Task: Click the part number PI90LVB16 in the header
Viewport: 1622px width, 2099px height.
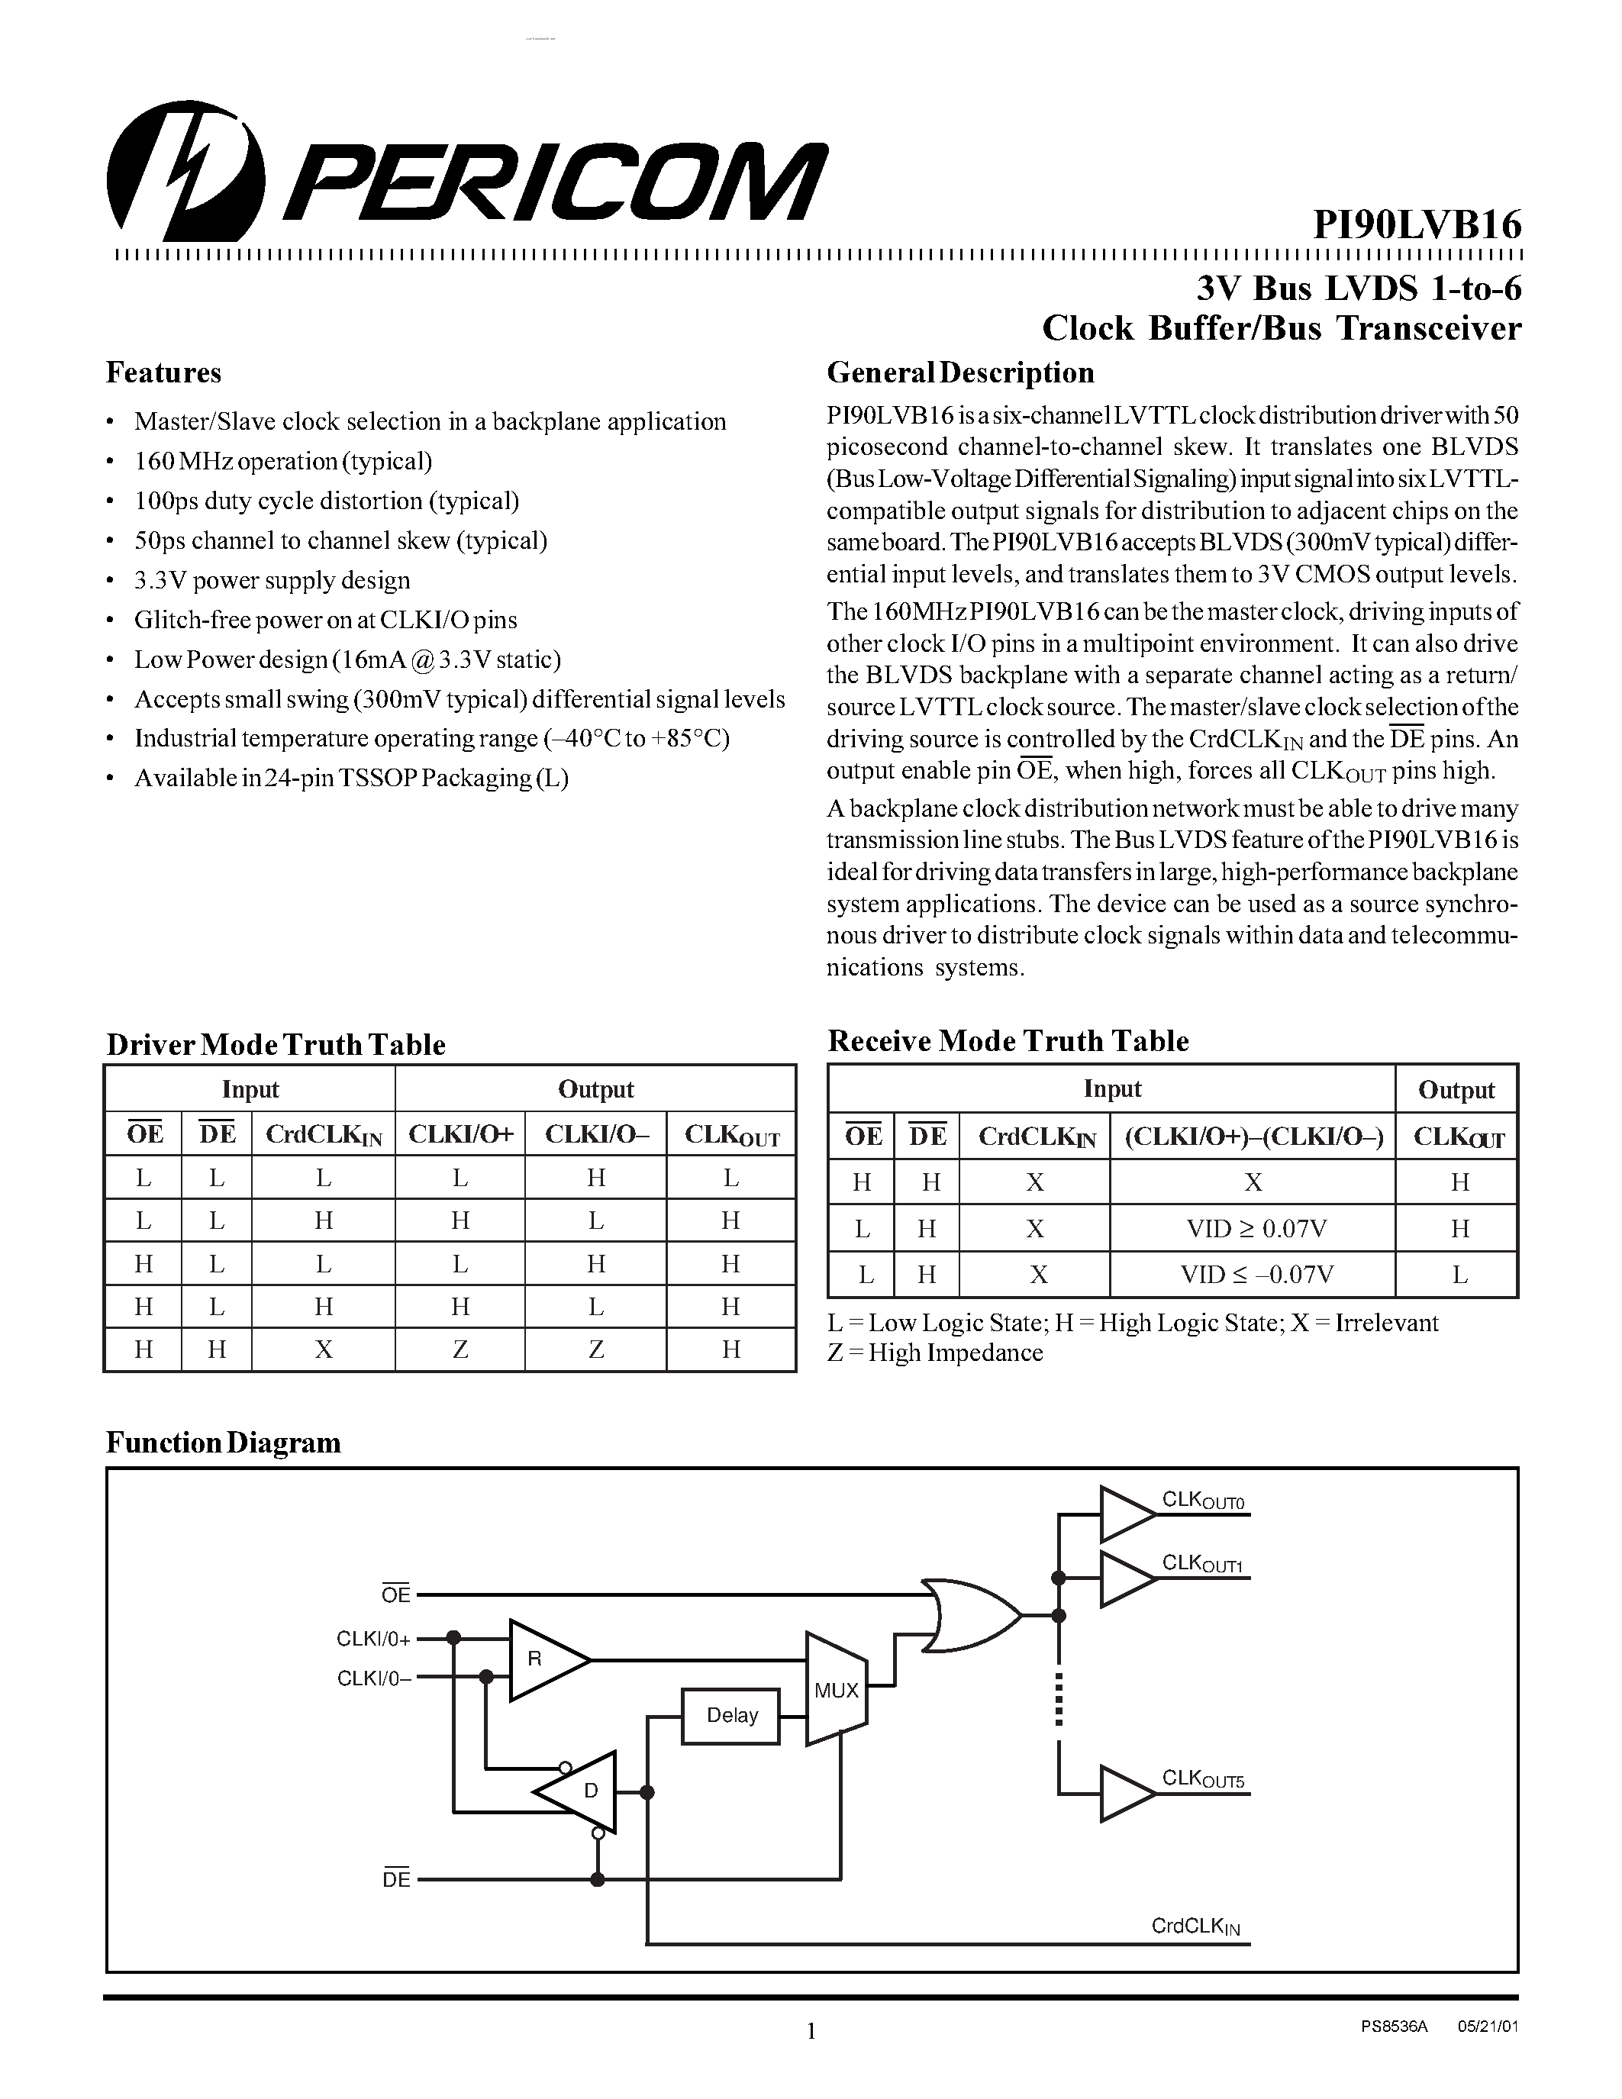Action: click(1417, 226)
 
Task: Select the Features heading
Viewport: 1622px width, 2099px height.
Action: click(163, 373)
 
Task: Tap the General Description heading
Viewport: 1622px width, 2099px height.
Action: click(960, 373)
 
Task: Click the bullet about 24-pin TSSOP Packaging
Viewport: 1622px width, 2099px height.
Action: click(350, 778)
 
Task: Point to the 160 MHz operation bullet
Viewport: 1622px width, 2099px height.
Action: click(282, 461)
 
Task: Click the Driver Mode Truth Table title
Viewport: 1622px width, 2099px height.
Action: click(276, 1045)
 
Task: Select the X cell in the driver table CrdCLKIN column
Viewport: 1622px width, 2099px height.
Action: click(324, 1350)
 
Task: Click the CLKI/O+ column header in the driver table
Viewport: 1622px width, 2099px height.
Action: click(460, 1135)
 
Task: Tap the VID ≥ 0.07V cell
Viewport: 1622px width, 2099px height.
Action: click(1253, 1228)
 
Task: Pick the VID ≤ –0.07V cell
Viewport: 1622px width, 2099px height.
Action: click(1253, 1275)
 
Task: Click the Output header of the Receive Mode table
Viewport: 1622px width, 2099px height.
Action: click(1456, 1090)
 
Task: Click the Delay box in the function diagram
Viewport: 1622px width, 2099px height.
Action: click(732, 1716)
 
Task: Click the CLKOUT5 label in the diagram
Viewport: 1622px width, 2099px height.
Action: click(1202, 1779)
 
